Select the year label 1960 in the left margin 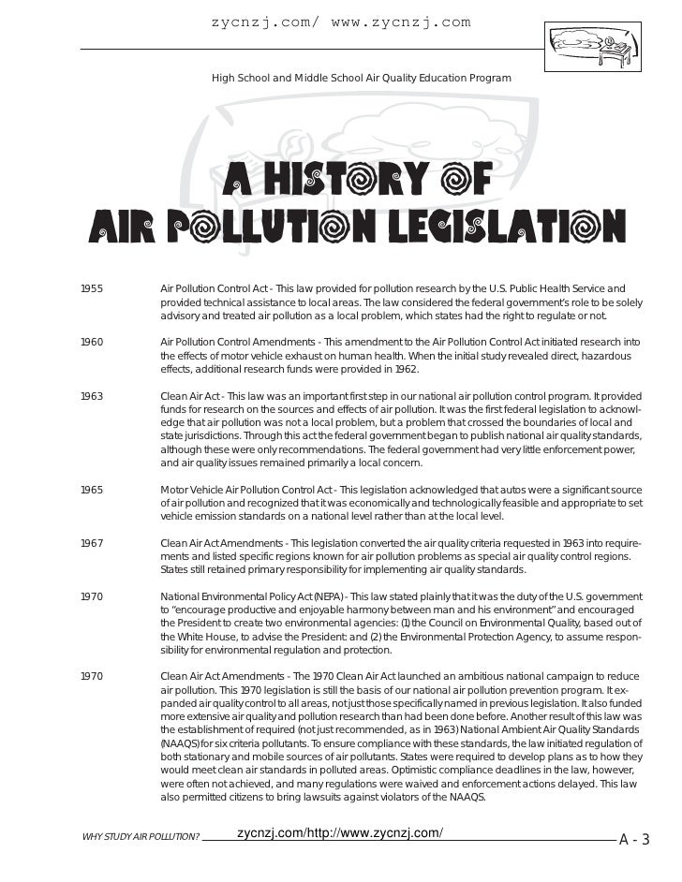(x=92, y=343)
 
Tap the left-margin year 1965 (x=92, y=490)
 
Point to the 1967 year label (x=92, y=543)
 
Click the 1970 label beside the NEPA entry (x=92, y=596)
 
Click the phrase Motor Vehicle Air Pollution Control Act (x=246, y=490)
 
